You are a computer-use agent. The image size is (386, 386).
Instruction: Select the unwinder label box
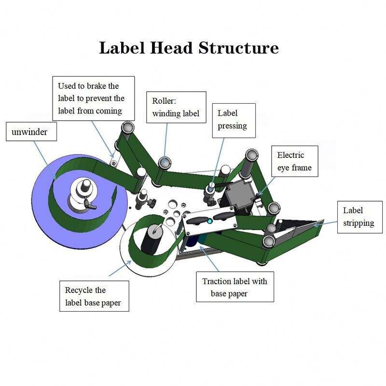coord(31,131)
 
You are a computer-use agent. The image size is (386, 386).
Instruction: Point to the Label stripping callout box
coord(358,217)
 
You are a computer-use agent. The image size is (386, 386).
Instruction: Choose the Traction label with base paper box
coord(234,287)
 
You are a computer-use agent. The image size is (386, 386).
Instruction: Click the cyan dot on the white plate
coord(209,221)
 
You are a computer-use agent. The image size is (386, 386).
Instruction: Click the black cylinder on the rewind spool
coord(153,239)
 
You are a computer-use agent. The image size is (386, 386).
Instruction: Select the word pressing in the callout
coord(232,126)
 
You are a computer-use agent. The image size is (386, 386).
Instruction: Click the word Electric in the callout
coord(290,155)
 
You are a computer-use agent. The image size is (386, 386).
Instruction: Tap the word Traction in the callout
coord(216,281)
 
